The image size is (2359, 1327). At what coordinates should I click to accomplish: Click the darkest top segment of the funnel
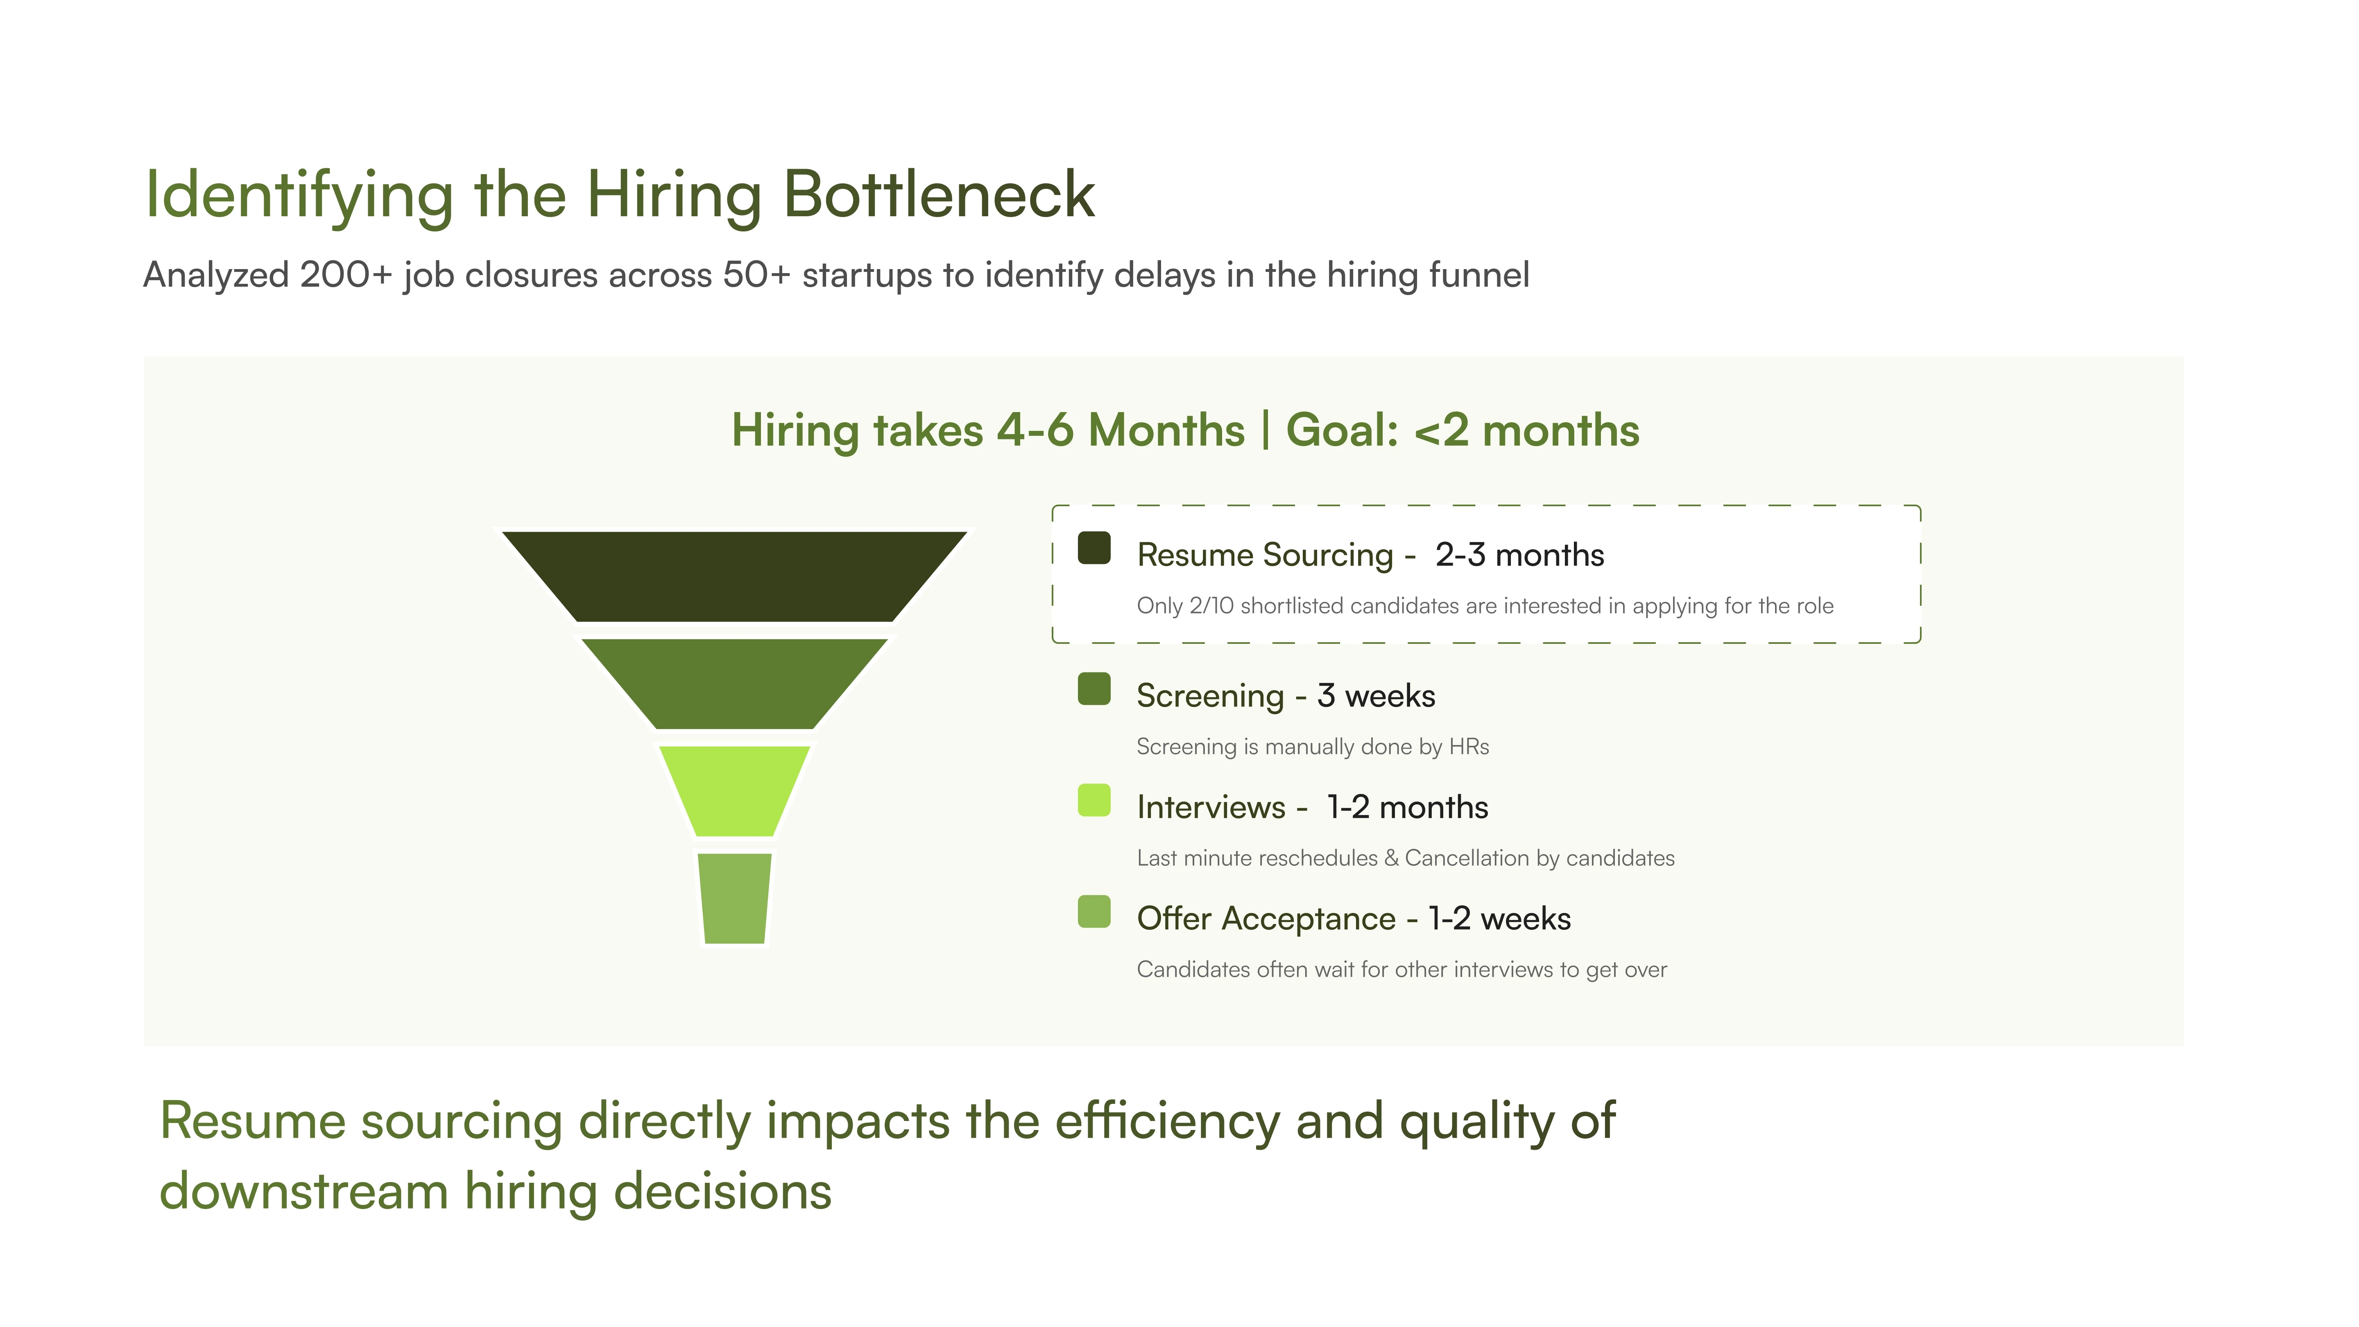tap(734, 576)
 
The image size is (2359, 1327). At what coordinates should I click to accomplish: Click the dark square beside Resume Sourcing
tap(1094, 548)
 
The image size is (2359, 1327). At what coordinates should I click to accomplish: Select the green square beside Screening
tap(1094, 688)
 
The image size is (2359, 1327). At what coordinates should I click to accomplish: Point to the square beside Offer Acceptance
tap(1094, 911)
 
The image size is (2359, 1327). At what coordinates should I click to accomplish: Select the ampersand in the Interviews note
tap(1391, 858)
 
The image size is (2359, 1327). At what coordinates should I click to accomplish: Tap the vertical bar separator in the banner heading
tap(1266, 430)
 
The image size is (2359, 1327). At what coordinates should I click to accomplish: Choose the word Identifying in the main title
tap(299, 196)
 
